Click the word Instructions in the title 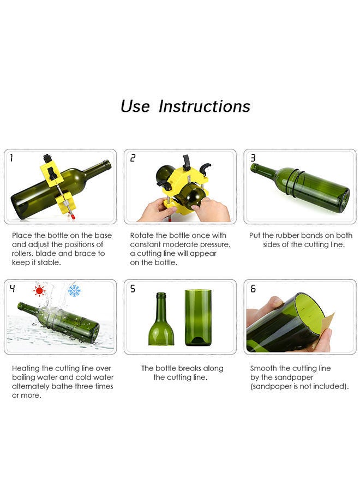(205, 106)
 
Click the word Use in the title (135, 106)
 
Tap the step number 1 (11, 158)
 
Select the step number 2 (133, 158)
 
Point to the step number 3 (253, 158)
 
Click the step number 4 (12, 289)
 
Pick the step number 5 (133, 289)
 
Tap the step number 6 (253, 289)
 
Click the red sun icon (39, 291)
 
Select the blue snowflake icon (74, 291)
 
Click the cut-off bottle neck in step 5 (161, 319)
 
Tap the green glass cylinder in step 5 (198, 318)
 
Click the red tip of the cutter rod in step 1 (73, 217)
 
